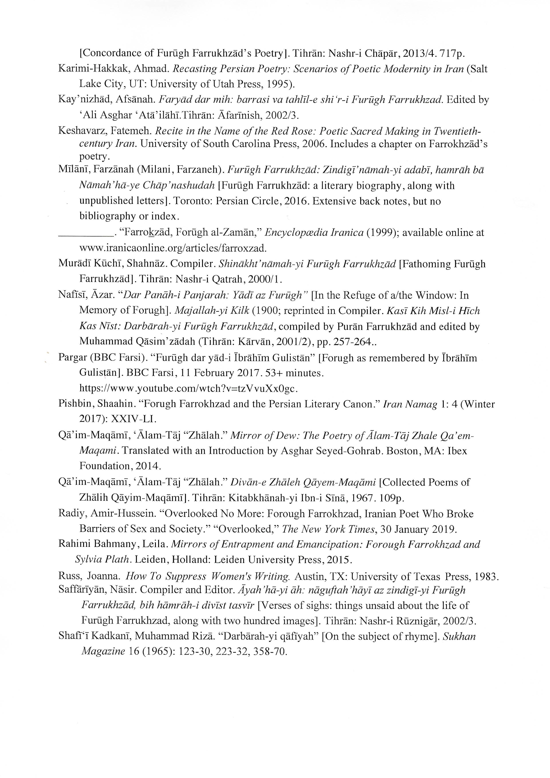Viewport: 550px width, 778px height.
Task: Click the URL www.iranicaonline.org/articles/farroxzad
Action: coord(173,248)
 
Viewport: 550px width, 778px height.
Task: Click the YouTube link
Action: coord(188,388)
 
